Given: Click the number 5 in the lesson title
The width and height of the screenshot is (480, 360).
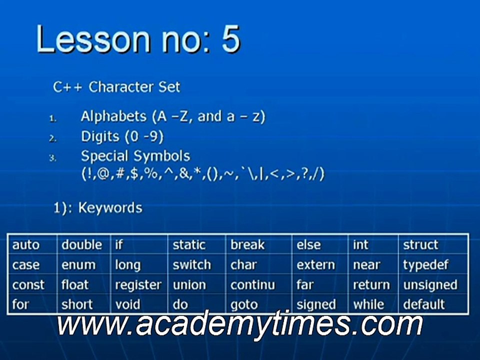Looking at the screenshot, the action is click(x=230, y=39).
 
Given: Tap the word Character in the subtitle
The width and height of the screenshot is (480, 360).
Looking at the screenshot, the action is click(x=121, y=87).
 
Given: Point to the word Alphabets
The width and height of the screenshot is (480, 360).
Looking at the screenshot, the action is click(x=113, y=116).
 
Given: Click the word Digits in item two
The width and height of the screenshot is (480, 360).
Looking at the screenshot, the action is click(x=100, y=137).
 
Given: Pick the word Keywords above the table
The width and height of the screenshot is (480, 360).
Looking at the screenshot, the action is click(x=110, y=208).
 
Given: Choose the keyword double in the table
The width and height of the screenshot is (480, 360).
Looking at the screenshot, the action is click(x=81, y=245).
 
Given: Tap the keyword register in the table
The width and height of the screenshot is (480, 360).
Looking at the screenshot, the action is click(x=138, y=285).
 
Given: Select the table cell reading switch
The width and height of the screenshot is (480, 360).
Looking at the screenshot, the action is click(x=192, y=265).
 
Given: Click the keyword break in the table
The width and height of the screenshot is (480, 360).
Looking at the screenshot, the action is click(x=247, y=245).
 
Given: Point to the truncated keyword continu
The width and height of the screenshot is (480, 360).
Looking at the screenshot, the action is click(x=253, y=285).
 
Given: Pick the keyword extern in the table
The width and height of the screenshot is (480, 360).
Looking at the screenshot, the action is click(x=315, y=265).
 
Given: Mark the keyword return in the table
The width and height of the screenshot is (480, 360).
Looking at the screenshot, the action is click(x=371, y=285).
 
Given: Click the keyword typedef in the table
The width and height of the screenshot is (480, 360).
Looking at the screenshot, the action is click(x=426, y=265).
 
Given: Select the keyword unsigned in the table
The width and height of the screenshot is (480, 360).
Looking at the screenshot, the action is click(x=430, y=285).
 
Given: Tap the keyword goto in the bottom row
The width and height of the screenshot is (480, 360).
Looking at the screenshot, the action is click(x=244, y=305).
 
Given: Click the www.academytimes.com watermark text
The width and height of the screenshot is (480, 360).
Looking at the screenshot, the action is click(x=239, y=324).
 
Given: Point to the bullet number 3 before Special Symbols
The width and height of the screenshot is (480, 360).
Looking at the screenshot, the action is click(x=52, y=158).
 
